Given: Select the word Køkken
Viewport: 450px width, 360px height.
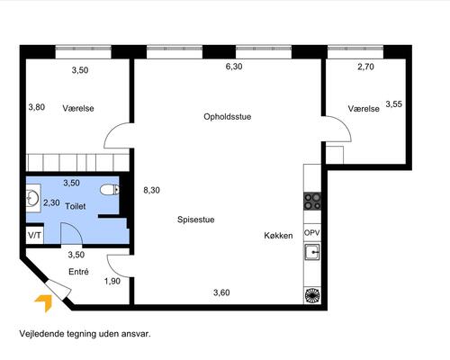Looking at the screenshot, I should [278, 235].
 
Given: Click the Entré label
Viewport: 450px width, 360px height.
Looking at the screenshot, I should [78, 271].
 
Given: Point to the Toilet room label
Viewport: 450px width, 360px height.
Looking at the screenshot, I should [76, 206].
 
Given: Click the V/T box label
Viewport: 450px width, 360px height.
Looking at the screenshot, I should [35, 235].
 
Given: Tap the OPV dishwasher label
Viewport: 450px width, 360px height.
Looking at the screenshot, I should [312, 232].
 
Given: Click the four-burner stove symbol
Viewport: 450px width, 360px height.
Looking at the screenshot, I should [312, 201].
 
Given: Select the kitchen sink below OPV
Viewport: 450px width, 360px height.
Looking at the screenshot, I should [312, 252].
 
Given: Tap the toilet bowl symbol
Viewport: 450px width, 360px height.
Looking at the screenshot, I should [110, 190].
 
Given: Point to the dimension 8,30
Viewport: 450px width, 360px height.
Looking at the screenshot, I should [151, 190].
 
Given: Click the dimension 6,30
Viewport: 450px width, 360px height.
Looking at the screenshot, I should [234, 67].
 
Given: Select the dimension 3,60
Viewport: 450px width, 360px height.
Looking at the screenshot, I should [221, 292].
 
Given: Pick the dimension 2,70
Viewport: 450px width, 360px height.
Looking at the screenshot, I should [365, 67].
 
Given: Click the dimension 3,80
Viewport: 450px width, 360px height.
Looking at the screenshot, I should [36, 107].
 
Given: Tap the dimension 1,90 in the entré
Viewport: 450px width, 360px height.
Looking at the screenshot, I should [112, 282].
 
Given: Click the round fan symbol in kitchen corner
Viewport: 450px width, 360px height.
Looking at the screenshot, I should [312, 294].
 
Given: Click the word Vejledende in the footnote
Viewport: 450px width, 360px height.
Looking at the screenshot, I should [41, 332].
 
